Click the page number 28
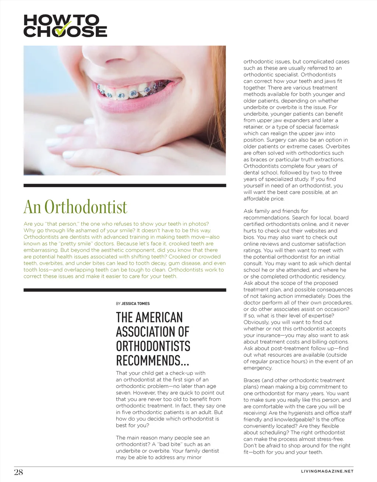tap(18, 472)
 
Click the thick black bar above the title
tap(124, 186)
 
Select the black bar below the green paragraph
tap(124, 290)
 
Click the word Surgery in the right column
tap(254, 140)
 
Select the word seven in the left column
tap(124, 393)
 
